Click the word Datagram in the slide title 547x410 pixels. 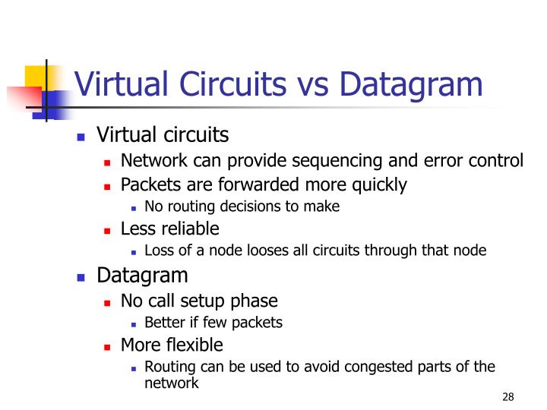coord(410,85)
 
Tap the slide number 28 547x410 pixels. coord(508,398)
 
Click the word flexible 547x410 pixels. coord(195,345)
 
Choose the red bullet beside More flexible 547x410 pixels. coord(109,346)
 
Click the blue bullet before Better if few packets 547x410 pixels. coord(133,323)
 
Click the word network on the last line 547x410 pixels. coord(171,383)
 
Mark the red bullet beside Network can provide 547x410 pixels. coord(109,162)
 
